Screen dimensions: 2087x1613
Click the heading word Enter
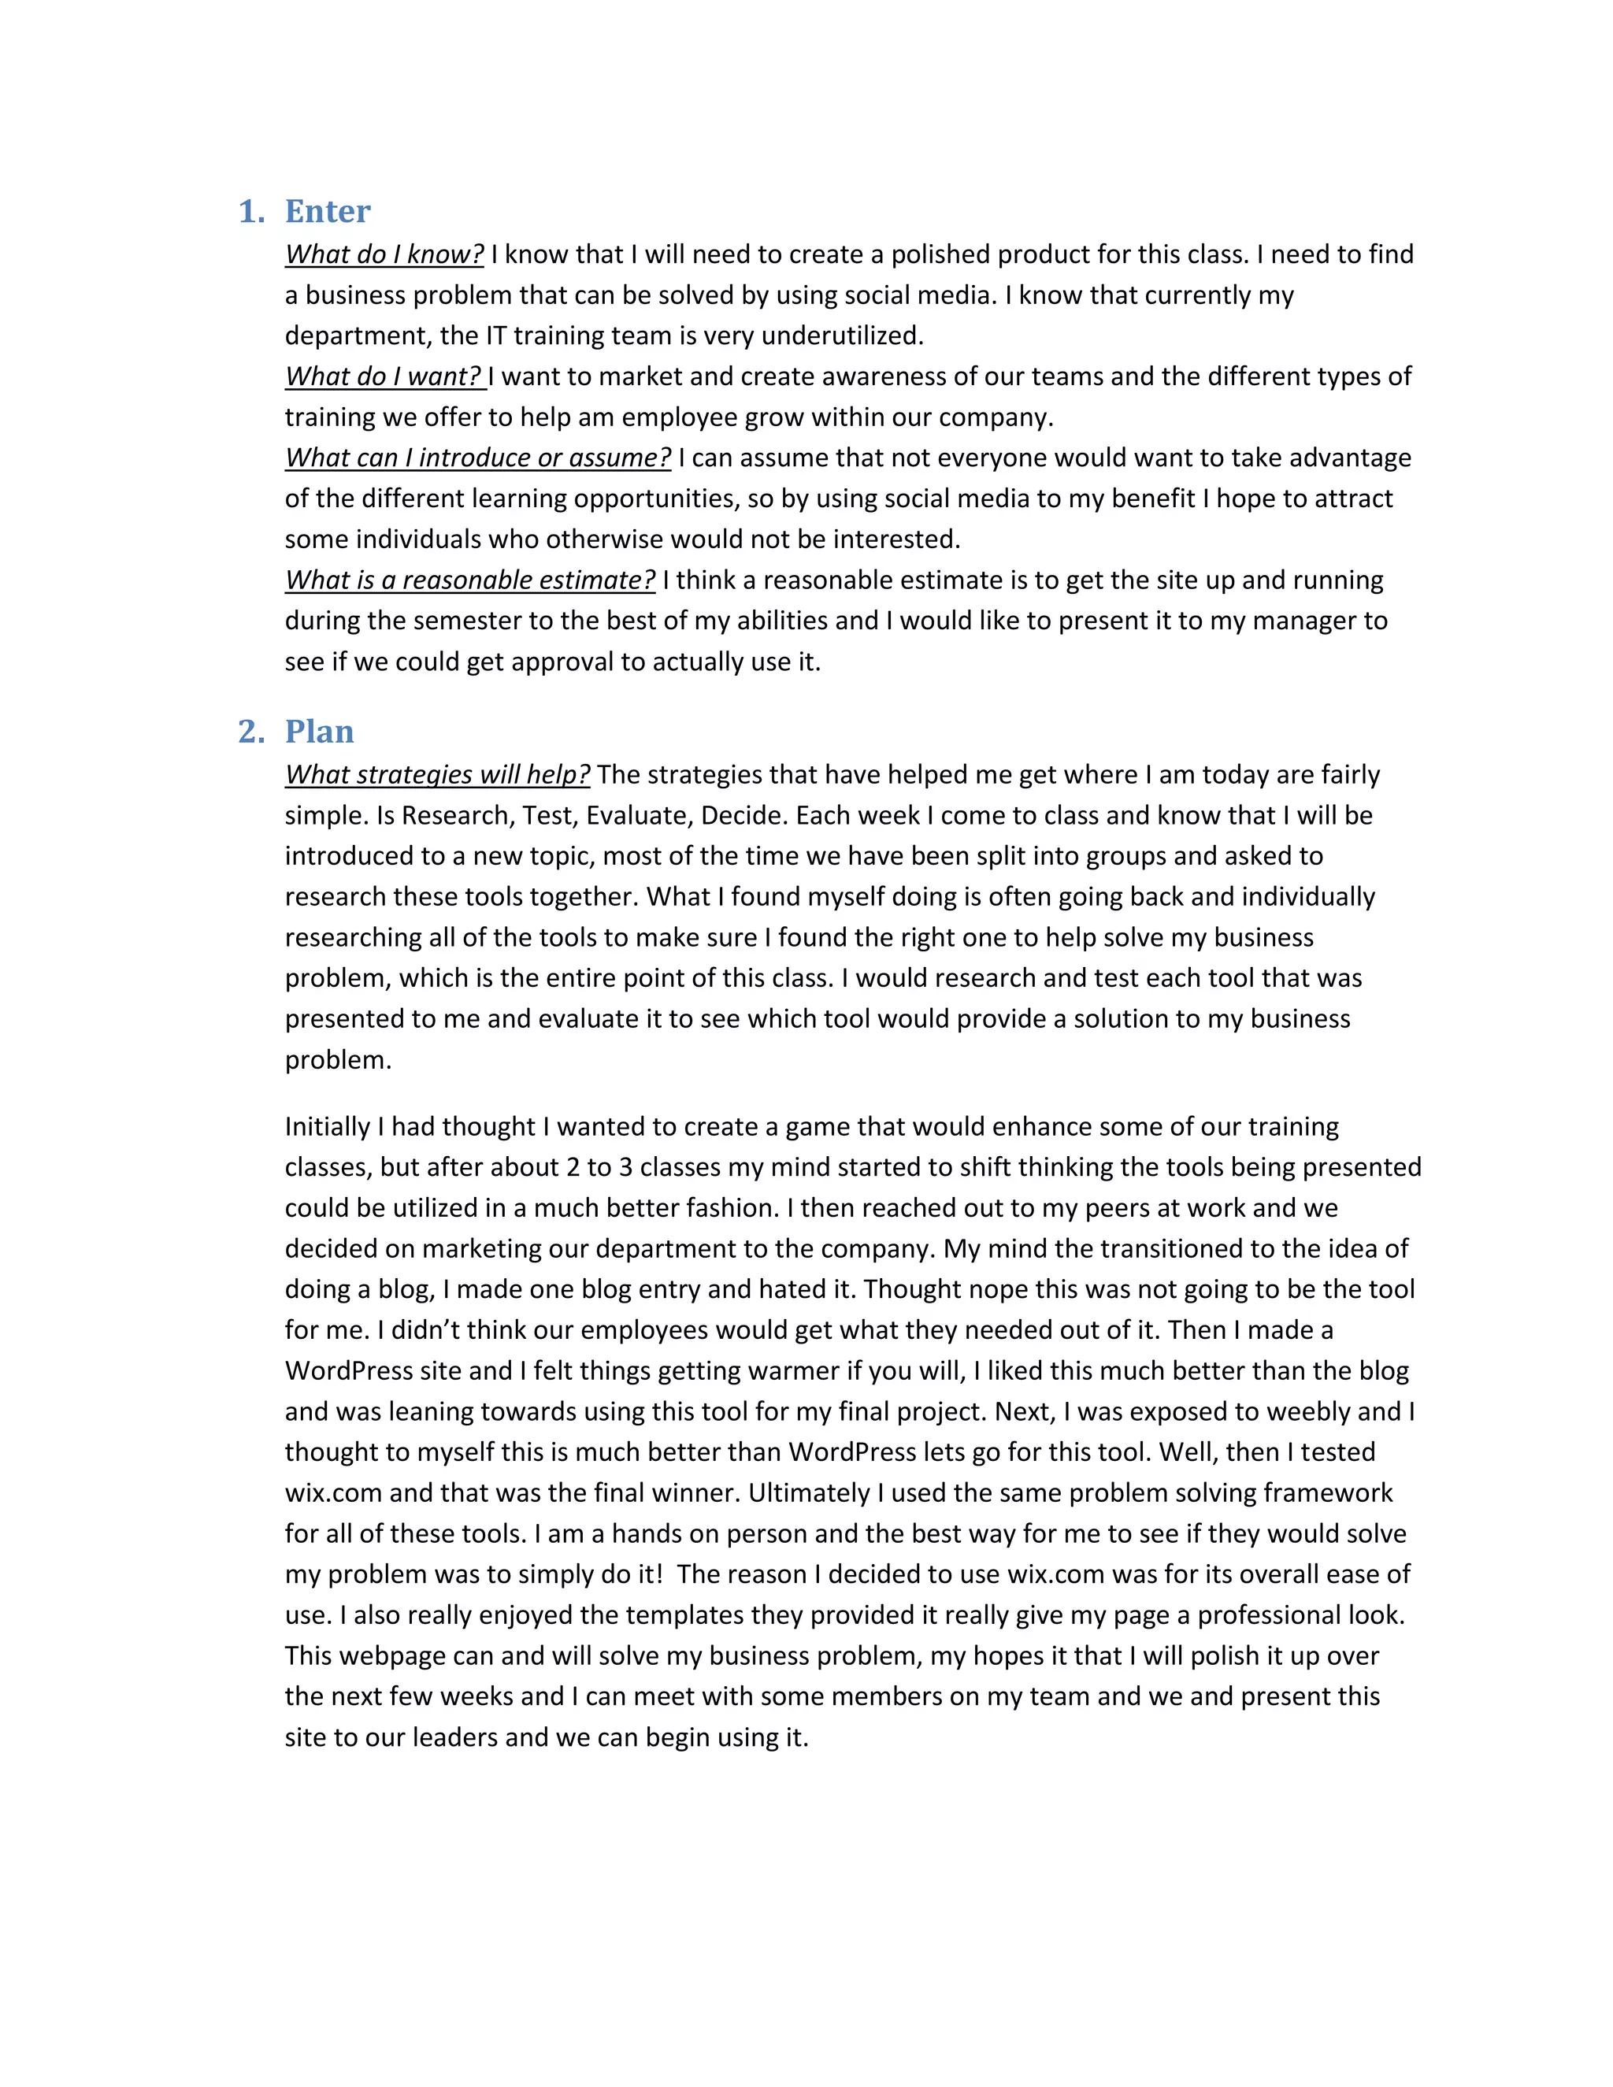(327, 211)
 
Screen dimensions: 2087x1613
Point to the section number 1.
(250, 211)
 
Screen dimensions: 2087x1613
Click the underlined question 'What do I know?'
(384, 254)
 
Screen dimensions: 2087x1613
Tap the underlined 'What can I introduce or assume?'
(478, 458)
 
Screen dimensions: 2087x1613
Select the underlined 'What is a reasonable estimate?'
(470, 580)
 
